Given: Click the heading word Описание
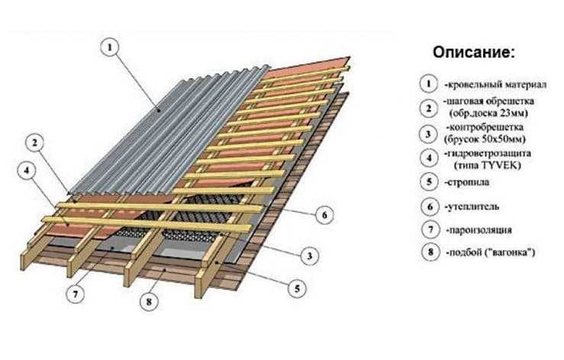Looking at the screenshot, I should click(474, 53).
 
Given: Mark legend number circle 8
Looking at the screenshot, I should click(431, 252).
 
